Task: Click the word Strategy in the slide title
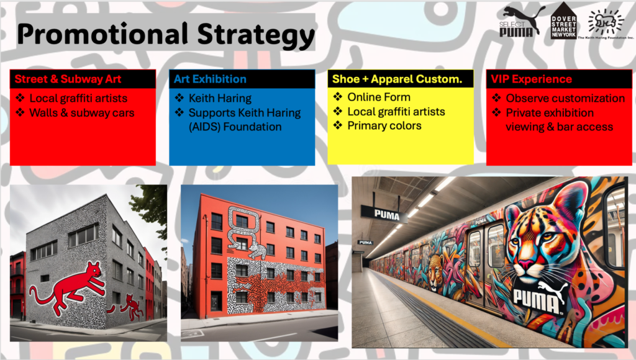[x=256, y=35]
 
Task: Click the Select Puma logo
[x=520, y=22]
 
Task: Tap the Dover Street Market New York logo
[x=563, y=21]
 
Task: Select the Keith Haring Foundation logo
[x=606, y=24]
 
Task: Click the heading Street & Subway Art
[x=68, y=79]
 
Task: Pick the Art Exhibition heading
[x=210, y=79]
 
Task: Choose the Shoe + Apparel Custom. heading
[x=397, y=79]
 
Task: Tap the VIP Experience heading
[x=532, y=79]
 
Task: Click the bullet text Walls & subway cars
[x=82, y=113]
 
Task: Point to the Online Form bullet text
[x=379, y=97]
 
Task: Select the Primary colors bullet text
[x=384, y=125]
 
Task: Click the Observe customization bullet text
[x=565, y=98]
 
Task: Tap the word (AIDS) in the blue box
[x=204, y=127]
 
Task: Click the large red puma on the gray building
[x=68, y=286]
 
